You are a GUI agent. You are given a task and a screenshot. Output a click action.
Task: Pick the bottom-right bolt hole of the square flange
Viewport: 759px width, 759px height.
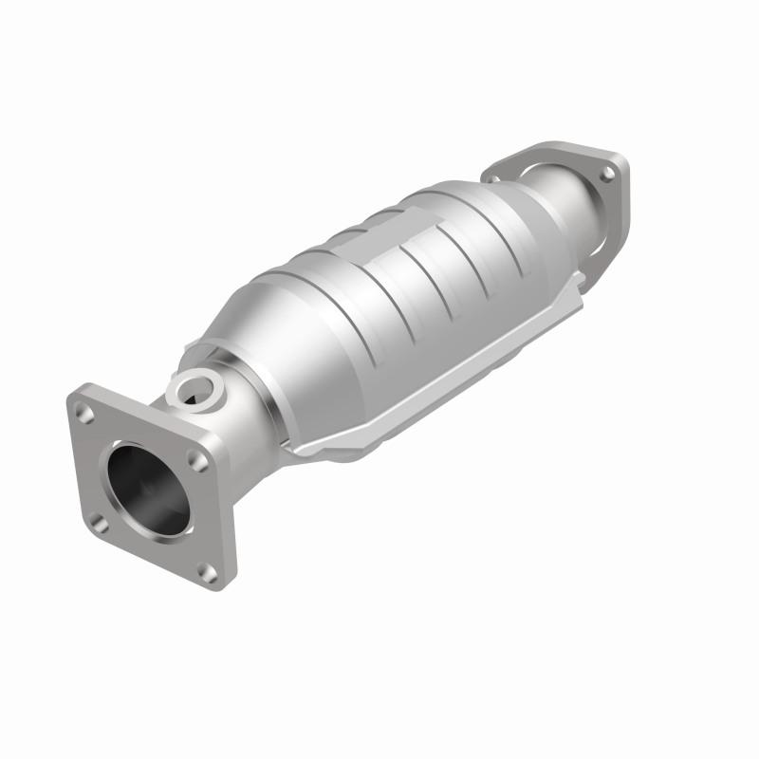(x=206, y=570)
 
